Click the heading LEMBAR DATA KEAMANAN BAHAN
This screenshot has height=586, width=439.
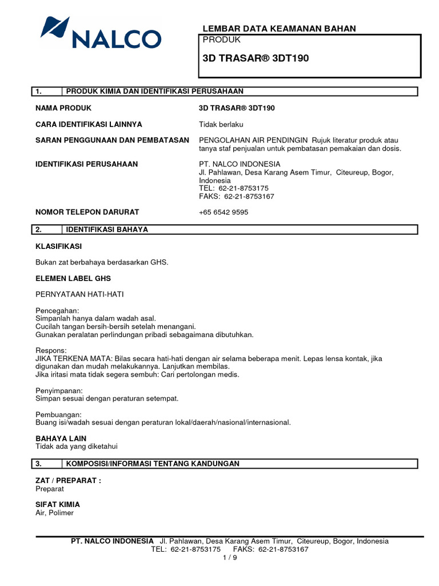280,29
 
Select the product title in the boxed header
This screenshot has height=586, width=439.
256,58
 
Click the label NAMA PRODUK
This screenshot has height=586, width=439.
63,108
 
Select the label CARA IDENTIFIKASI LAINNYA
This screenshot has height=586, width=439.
89,124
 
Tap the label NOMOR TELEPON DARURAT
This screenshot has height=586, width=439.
87,212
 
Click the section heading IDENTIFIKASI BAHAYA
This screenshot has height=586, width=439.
107,229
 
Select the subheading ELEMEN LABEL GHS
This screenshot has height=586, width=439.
73,278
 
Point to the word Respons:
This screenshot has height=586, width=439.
51,350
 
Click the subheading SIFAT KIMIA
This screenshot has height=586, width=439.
58,505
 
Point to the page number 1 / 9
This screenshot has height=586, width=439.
230,558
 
